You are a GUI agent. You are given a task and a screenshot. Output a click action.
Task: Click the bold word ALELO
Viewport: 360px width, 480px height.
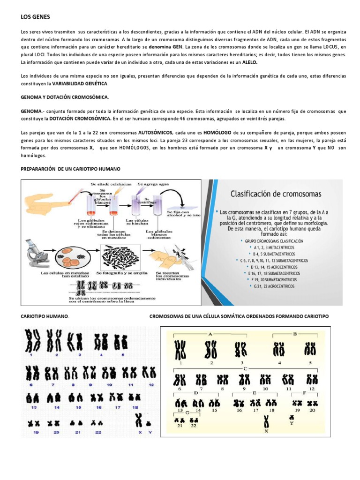tap(250, 62)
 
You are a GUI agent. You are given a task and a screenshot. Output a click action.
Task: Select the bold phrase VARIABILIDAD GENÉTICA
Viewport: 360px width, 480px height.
tap(78, 83)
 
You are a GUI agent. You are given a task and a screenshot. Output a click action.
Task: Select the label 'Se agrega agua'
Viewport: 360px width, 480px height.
tap(153, 185)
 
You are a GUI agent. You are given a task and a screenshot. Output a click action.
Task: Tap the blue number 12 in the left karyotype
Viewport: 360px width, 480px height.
tap(151, 384)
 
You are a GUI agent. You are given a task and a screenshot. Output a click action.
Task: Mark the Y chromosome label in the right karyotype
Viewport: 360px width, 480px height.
tap(292, 422)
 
